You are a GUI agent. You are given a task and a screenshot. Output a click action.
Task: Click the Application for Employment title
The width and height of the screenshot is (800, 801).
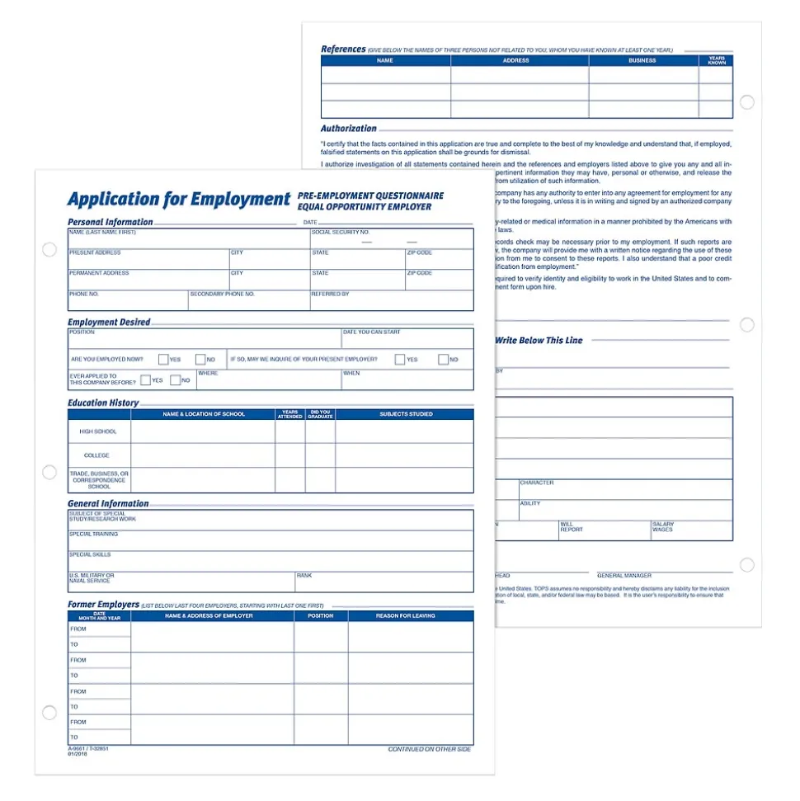(178, 200)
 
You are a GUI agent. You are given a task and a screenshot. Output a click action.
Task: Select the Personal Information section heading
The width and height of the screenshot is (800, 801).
(110, 222)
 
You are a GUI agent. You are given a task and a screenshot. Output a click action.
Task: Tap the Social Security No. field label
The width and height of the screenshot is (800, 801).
(340, 233)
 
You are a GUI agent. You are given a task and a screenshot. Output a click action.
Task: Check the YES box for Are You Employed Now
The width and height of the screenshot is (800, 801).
(163, 360)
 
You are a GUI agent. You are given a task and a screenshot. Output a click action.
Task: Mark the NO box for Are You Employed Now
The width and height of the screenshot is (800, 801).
(200, 360)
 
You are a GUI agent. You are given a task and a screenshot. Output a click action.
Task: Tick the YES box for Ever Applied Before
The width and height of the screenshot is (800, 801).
(145, 380)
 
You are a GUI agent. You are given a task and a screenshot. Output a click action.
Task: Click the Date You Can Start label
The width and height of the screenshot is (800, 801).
(372, 332)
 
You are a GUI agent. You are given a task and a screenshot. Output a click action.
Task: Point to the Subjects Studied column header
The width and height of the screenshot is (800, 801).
(406, 414)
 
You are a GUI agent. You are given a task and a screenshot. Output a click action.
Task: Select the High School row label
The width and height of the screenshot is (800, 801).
(98, 431)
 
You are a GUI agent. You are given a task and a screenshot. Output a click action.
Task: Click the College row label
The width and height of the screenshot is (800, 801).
(96, 455)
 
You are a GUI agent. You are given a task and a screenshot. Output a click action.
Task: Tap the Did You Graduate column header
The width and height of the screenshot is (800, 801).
(320, 414)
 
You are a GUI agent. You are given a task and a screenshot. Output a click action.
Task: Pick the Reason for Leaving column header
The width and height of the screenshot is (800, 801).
(405, 616)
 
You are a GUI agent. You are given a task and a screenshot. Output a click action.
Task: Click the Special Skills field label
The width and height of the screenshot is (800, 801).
(90, 554)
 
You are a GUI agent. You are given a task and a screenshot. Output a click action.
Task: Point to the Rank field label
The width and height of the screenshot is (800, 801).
(304, 575)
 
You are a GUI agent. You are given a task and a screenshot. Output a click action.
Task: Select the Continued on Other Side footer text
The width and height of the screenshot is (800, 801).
(429, 749)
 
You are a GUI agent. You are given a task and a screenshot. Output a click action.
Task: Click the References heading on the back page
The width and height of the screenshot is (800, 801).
(343, 49)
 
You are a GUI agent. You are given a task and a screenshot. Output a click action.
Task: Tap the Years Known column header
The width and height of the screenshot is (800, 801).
(717, 61)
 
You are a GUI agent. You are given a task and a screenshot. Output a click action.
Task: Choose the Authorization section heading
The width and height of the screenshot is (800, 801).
(348, 129)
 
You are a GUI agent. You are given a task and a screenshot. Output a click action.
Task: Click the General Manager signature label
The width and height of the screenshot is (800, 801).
(624, 576)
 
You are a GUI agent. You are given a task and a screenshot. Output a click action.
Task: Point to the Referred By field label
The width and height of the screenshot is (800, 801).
(330, 294)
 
